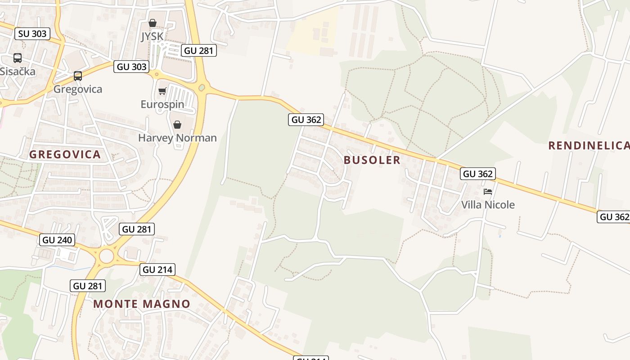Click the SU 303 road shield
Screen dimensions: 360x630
(32, 34)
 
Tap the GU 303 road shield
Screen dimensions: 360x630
(131, 67)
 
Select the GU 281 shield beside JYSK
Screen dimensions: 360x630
(199, 50)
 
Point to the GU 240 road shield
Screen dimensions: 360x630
(57, 240)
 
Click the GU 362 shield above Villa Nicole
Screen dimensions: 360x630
(477, 174)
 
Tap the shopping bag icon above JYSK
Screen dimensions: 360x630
(153, 23)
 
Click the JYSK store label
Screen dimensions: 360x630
(152, 36)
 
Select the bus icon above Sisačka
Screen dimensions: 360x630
(18, 58)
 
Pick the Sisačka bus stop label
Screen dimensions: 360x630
(18, 71)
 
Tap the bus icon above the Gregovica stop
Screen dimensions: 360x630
(78, 76)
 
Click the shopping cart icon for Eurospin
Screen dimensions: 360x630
(162, 91)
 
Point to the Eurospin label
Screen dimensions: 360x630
(162, 104)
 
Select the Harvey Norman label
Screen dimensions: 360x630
(177, 138)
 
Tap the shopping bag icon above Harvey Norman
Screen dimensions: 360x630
(177, 125)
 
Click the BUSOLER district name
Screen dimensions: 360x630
(372, 160)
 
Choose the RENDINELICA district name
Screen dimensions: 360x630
(589, 145)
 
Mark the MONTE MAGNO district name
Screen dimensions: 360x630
(142, 304)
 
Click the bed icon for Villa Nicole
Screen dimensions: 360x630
(488, 192)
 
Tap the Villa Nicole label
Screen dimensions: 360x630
(488, 205)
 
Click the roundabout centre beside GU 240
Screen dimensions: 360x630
(107, 256)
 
